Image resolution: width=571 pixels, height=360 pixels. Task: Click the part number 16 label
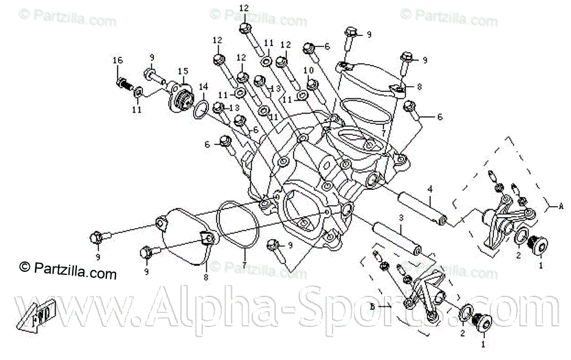117,61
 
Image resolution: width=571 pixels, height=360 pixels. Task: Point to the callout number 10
308,71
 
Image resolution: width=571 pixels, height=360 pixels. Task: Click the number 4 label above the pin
430,188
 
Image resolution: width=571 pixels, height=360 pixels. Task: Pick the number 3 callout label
401,218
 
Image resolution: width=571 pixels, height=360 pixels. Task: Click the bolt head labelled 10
312,84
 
